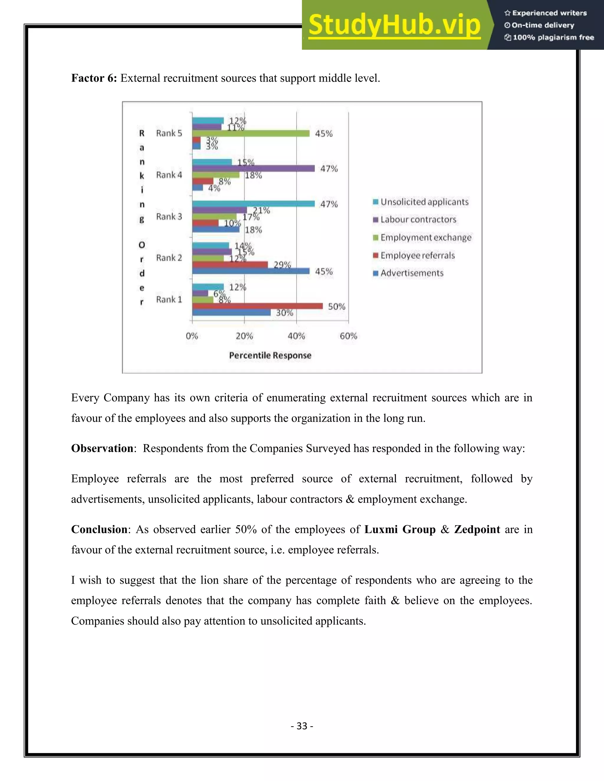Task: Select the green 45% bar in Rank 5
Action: pyautogui.click(x=250, y=134)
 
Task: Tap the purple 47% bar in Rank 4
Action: pyautogui.click(x=253, y=168)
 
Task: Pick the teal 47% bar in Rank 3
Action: pyautogui.click(x=253, y=203)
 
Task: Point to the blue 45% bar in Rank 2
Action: pyautogui.click(x=250, y=271)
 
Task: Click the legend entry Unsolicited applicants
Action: pyautogui.click(x=424, y=202)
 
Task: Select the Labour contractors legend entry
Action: pyautogui.click(x=418, y=220)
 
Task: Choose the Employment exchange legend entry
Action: pyautogui.click(x=426, y=238)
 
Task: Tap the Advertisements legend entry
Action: pyautogui.click(x=411, y=273)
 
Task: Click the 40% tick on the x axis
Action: pyautogui.click(x=296, y=336)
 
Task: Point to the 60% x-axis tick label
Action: pyautogui.click(x=349, y=336)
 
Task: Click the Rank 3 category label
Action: pyautogui.click(x=169, y=217)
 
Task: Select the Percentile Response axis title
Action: pyautogui.click(x=270, y=355)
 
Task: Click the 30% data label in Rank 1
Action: pyautogui.click(x=285, y=313)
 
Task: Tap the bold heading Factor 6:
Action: pyautogui.click(x=94, y=78)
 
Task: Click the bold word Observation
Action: pyautogui.click(x=102, y=449)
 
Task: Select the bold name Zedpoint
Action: pyautogui.click(x=477, y=529)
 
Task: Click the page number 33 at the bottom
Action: pyautogui.click(x=302, y=726)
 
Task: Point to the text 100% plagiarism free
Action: pyautogui.click(x=553, y=37)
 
